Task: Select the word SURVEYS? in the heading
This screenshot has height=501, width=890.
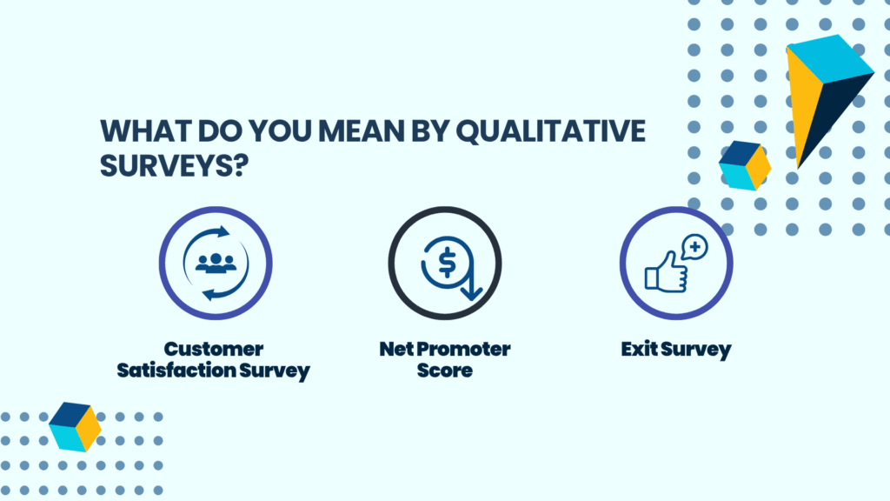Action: (x=174, y=166)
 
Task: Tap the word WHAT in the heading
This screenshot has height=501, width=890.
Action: (x=145, y=131)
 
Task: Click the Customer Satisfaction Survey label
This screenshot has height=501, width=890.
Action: (x=214, y=359)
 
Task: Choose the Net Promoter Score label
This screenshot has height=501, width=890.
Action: (x=445, y=359)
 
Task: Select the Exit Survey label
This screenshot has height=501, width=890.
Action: (x=676, y=350)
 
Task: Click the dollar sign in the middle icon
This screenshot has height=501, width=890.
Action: (x=448, y=263)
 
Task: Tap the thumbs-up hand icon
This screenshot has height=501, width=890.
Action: (x=666, y=273)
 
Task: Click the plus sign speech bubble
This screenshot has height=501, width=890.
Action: (x=694, y=247)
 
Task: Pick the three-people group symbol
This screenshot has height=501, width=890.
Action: (x=216, y=263)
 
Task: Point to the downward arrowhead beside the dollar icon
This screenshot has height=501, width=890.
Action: (x=471, y=292)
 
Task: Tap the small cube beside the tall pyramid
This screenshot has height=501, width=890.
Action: (x=745, y=166)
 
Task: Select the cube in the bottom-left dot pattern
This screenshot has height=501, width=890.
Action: (x=75, y=427)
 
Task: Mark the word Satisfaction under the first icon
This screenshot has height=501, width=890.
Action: (x=176, y=371)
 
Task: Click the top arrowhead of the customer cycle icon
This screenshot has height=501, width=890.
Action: (x=223, y=231)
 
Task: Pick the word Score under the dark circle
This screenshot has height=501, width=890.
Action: (x=445, y=371)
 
